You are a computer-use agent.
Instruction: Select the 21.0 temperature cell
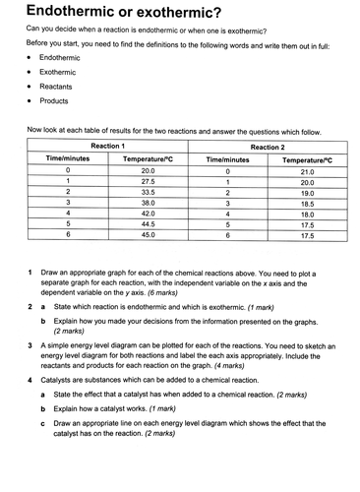coord(308,170)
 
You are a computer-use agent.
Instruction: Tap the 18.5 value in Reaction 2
coord(308,209)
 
